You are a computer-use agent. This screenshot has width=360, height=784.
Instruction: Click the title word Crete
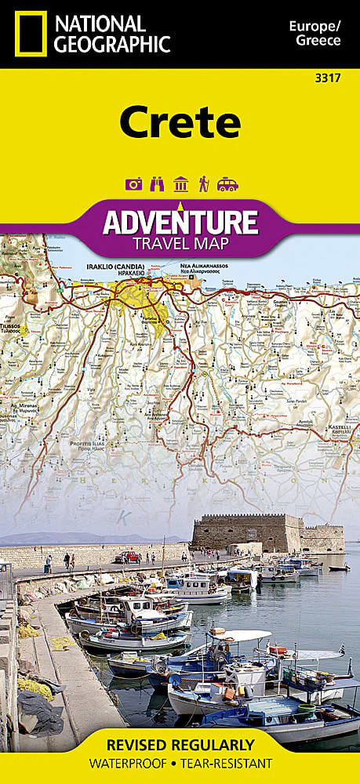(x=180, y=123)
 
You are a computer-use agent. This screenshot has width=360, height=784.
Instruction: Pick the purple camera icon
(x=133, y=184)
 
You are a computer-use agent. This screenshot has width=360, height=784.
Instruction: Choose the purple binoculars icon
(x=156, y=184)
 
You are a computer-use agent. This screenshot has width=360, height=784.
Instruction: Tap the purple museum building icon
(x=180, y=184)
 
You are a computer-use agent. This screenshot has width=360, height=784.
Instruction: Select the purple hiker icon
(x=204, y=184)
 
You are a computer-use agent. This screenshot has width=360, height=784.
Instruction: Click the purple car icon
(x=227, y=184)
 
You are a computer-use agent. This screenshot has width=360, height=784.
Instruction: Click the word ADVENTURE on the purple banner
(x=180, y=222)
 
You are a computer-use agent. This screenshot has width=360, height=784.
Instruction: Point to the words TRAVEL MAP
(x=180, y=243)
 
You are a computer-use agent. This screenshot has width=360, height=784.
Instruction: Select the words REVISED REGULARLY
(x=180, y=744)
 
